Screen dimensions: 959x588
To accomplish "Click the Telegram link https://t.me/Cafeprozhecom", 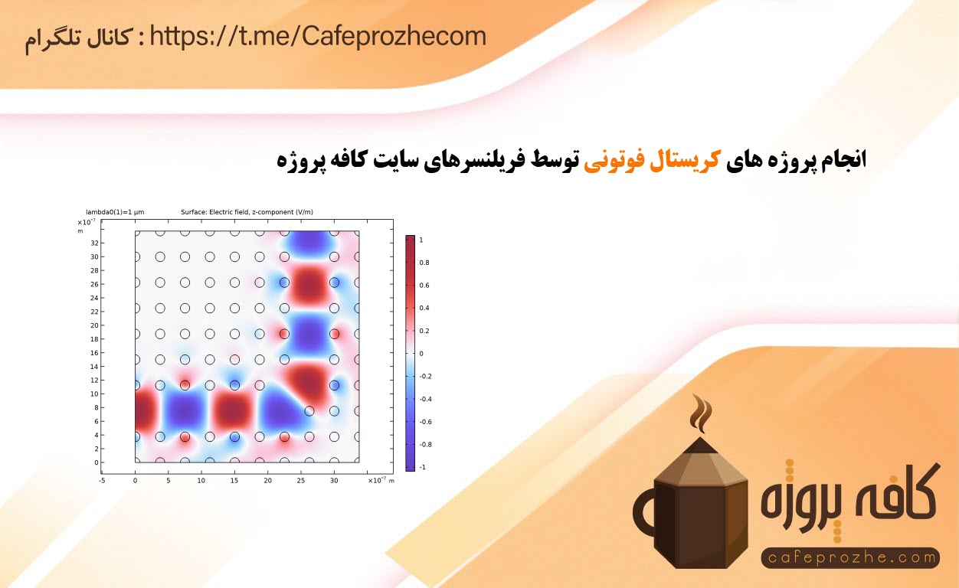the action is tap(318, 37).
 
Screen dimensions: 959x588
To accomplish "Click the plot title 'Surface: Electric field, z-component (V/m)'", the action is tap(247, 212).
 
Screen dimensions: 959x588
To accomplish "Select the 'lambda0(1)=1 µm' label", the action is tap(115, 212).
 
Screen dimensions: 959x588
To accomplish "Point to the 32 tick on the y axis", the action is tap(95, 243).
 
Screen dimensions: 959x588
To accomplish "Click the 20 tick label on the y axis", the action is tap(95, 325).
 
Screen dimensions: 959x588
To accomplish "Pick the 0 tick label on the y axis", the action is tap(97, 462).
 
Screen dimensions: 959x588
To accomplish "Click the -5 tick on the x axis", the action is tap(102, 481).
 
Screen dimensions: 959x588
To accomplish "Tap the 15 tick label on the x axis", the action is tap(234, 481).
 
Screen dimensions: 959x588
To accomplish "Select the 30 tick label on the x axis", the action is tap(334, 481).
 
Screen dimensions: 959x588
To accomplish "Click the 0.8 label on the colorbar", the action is tap(424, 263).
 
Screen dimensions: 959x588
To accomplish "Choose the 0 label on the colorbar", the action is tap(421, 354).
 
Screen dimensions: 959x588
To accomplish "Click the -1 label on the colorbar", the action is tap(422, 467).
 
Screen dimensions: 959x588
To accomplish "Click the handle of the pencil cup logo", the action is tap(642, 513).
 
